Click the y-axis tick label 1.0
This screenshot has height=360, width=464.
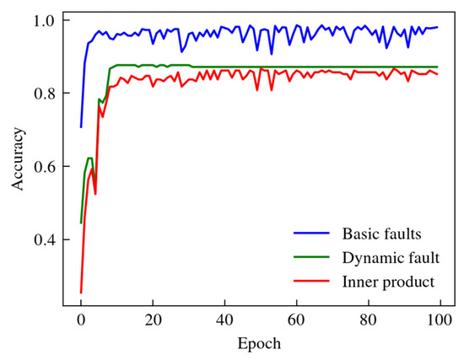point(44,19)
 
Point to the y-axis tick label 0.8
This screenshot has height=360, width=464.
point(44,93)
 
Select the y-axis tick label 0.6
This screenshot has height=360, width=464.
point(44,166)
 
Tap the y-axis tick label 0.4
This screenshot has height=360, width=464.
point(44,240)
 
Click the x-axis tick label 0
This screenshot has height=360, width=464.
point(81,321)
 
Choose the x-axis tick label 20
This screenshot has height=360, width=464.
point(153,321)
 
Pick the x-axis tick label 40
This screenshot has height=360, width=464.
point(224,321)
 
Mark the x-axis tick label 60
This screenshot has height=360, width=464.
point(296,321)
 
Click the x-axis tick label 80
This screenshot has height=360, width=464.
point(368,321)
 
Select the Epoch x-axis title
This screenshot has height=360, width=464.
point(260,344)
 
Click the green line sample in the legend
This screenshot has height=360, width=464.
point(310,256)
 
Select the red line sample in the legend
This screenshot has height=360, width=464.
point(310,280)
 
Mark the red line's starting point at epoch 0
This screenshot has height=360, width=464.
point(81,293)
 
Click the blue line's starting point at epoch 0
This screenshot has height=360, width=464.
point(81,126)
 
